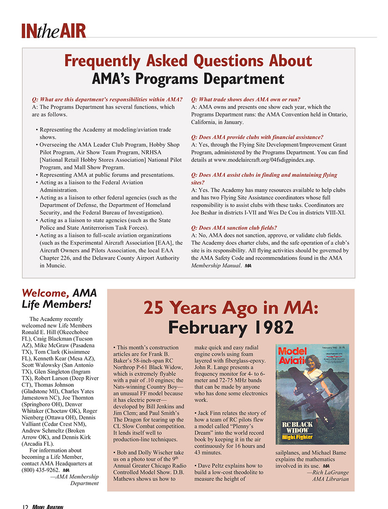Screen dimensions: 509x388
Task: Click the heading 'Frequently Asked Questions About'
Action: point(188,62)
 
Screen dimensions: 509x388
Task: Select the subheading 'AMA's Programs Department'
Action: point(188,79)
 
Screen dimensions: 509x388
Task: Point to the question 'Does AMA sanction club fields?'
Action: point(234,228)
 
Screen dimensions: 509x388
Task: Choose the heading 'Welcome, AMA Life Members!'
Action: point(59,298)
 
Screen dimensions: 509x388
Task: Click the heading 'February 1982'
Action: point(231,327)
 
